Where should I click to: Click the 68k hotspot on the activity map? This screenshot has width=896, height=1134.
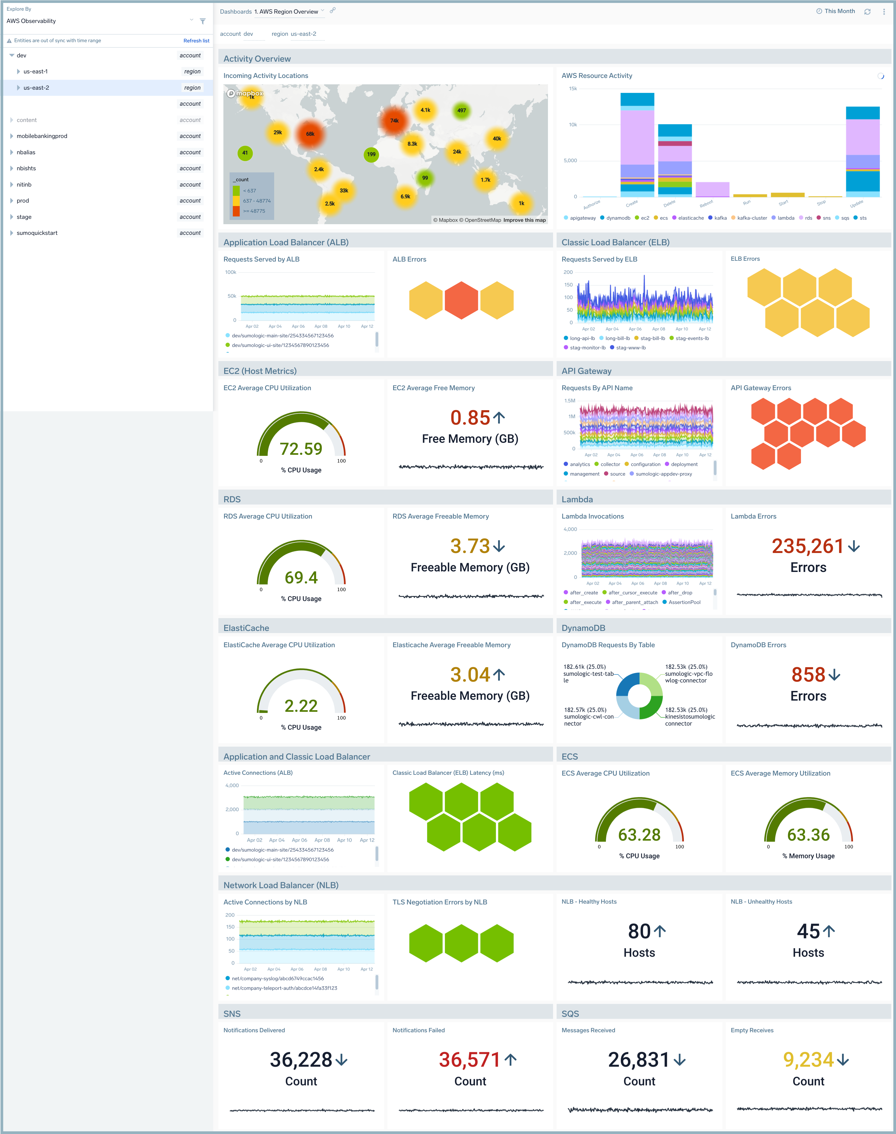click(x=310, y=134)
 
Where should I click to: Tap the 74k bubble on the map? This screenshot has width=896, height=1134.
click(x=394, y=121)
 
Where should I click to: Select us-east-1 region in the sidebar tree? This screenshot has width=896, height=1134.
click(x=36, y=71)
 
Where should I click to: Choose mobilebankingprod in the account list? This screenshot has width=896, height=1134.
click(x=42, y=136)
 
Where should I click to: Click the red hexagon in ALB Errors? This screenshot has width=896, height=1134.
click(x=461, y=300)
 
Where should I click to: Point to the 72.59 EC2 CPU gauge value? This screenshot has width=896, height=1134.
click(x=301, y=449)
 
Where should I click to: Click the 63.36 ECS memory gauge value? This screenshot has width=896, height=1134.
click(x=808, y=835)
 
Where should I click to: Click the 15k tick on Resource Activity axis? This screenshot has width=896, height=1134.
click(x=573, y=89)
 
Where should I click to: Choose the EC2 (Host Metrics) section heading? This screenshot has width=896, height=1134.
click(x=260, y=371)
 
